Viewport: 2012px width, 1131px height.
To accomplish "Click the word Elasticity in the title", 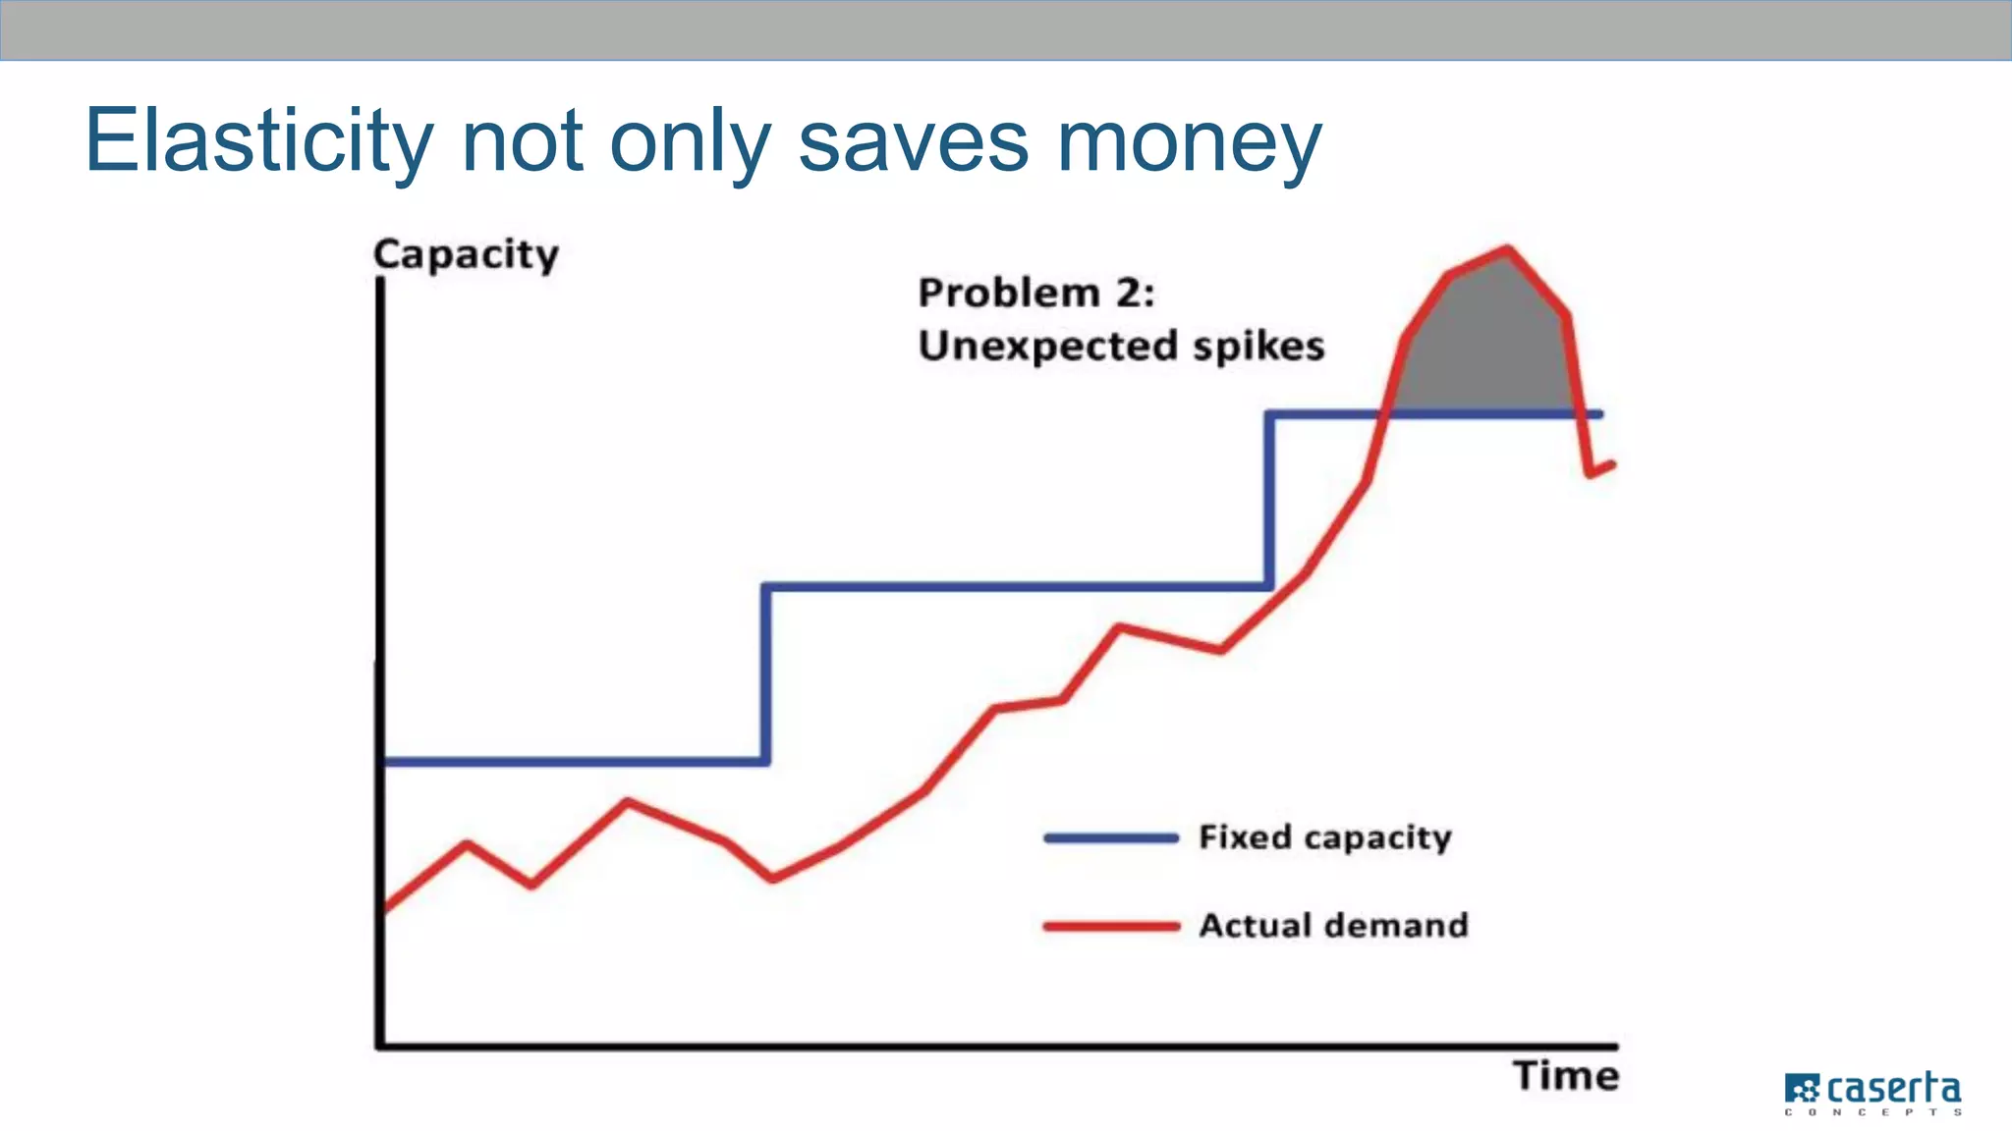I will pyautogui.click(x=258, y=142).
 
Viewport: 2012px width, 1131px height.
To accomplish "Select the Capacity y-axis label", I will pyautogui.click(x=466, y=255).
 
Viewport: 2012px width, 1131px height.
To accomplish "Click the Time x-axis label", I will pyautogui.click(x=1565, y=1076).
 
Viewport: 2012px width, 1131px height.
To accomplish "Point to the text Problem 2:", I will pyautogui.click(x=1035, y=294).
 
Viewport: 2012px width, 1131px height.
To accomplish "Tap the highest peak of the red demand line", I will pyautogui.click(x=1506, y=249).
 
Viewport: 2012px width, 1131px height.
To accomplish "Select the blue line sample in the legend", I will pyautogui.click(x=1110, y=837).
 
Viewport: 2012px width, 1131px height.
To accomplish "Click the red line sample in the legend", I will pyautogui.click(x=1110, y=926).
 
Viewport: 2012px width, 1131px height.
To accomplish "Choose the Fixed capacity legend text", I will pyautogui.click(x=1324, y=837).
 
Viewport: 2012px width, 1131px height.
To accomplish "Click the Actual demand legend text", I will pyautogui.click(x=1333, y=925).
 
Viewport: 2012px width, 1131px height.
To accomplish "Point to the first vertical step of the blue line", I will pyautogui.click(x=765, y=673).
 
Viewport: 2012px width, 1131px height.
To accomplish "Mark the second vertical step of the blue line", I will pyautogui.click(x=1270, y=501).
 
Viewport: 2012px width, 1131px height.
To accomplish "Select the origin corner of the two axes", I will pyautogui.click(x=380, y=1046).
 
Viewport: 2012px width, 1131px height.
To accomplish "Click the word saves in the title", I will pyautogui.click(x=913, y=142).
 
